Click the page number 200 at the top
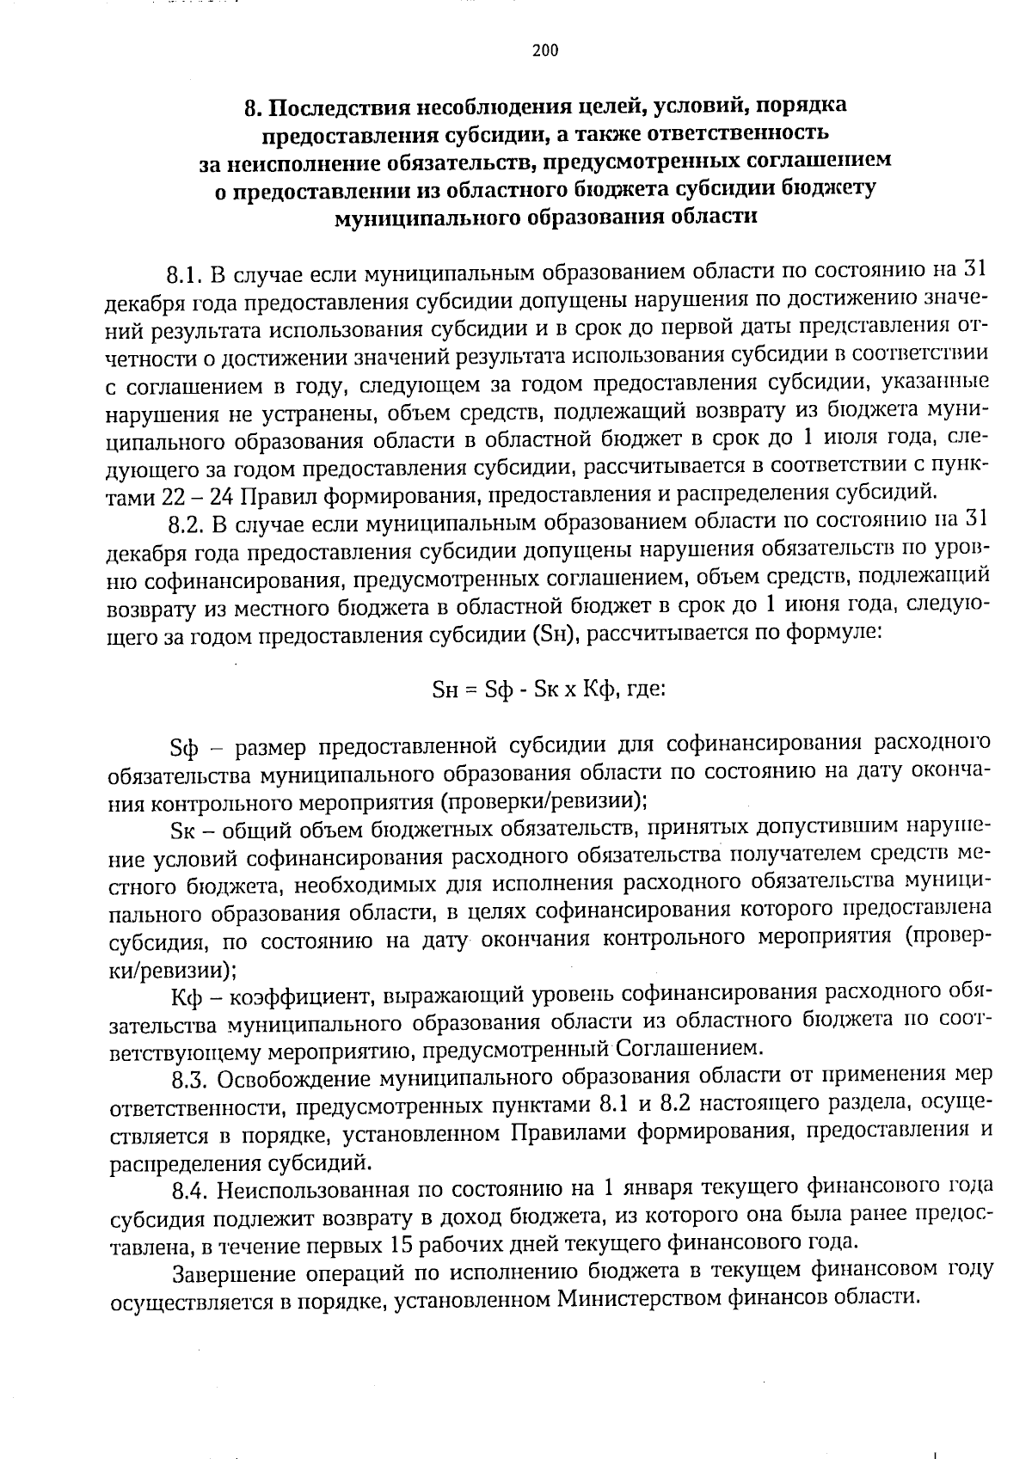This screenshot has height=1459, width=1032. click(545, 51)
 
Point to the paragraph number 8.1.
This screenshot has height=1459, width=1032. click(185, 276)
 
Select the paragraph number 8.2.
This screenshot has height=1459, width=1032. click(185, 524)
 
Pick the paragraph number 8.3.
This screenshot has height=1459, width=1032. click(189, 1079)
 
